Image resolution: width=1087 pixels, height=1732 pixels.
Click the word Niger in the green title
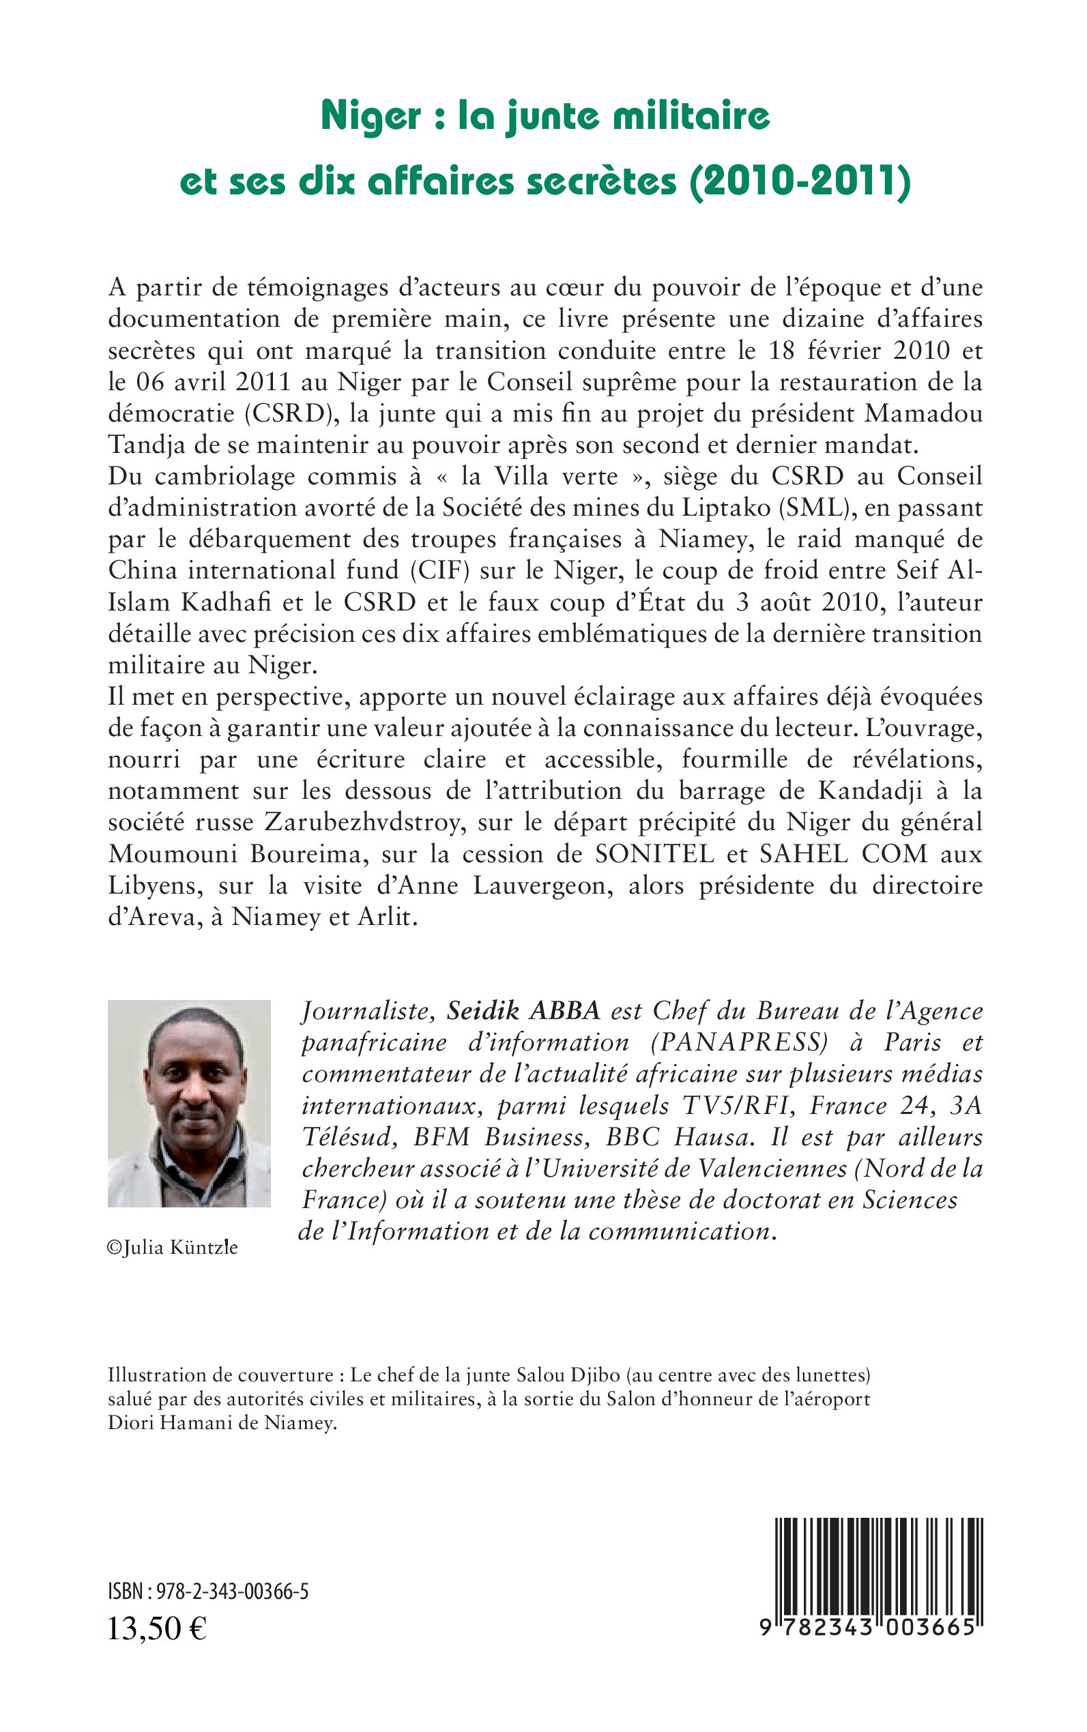click(x=371, y=117)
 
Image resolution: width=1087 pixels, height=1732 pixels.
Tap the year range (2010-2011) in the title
click(x=800, y=181)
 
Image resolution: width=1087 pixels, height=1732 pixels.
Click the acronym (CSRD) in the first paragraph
click(x=284, y=414)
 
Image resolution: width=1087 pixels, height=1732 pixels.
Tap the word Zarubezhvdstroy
click(x=353, y=822)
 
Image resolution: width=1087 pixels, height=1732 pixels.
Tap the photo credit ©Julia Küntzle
click(x=173, y=1248)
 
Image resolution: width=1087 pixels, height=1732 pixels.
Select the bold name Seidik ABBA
click(x=523, y=1011)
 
